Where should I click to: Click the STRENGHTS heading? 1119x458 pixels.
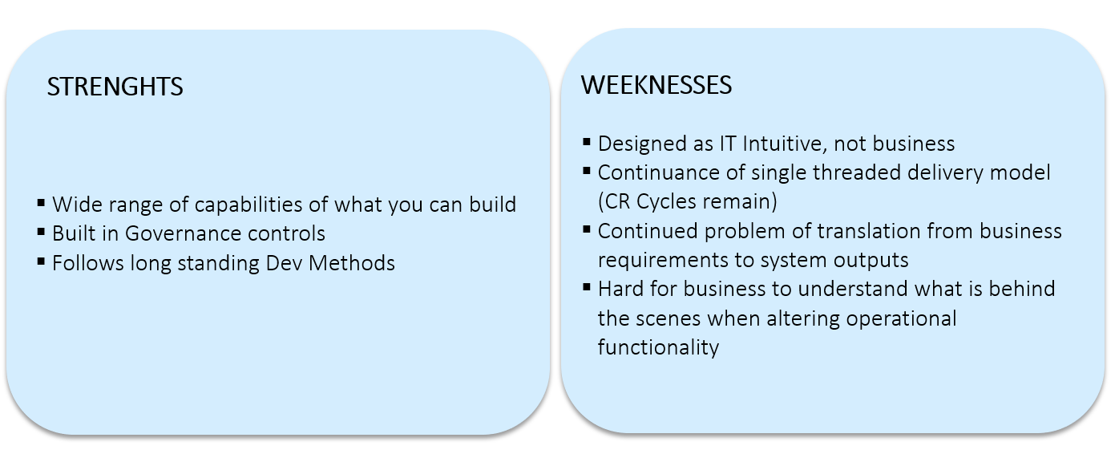click(115, 87)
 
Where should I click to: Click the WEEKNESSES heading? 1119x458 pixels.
click(656, 85)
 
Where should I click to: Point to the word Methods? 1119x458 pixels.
click(351, 263)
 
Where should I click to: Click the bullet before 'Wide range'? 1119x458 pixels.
click(42, 202)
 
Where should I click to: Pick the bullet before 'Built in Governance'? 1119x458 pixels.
click(42, 232)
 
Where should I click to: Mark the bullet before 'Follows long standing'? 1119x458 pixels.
click(42, 261)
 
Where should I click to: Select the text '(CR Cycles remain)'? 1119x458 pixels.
click(688, 202)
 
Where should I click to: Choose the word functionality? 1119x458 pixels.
click(658, 347)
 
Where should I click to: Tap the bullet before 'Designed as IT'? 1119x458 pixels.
click(587, 142)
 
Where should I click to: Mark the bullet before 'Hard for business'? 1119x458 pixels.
click(587, 287)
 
